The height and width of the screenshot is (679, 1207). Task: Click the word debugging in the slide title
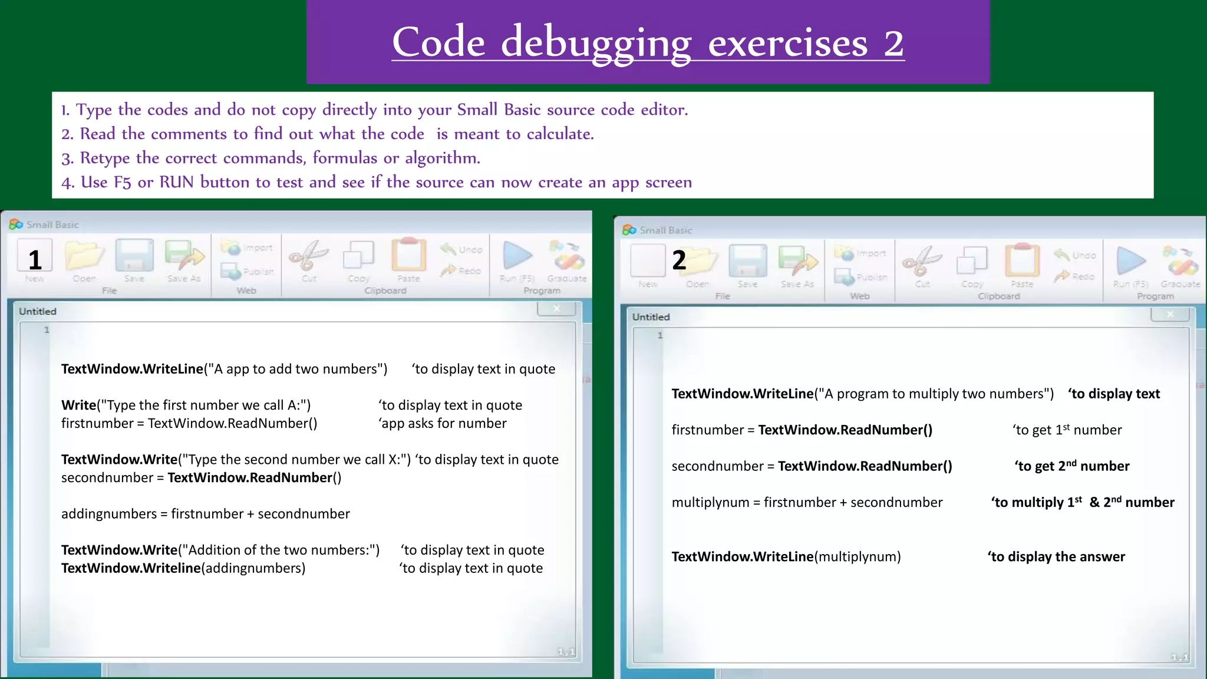[x=595, y=44]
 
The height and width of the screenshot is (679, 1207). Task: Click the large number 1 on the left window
[x=35, y=260]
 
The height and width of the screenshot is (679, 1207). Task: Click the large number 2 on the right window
[x=679, y=260]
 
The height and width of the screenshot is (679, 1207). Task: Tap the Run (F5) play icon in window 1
[x=517, y=256]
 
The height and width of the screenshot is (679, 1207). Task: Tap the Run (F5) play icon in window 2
[x=1130, y=261]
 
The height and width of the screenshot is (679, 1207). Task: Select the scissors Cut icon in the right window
[x=922, y=261]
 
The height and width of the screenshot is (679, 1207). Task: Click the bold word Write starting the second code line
[x=78, y=406]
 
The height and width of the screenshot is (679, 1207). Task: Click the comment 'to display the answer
[x=1056, y=557]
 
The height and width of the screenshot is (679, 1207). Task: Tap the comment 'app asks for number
[x=443, y=424]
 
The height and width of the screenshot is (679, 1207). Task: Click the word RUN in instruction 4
[x=176, y=182]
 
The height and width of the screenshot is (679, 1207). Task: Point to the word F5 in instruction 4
[x=122, y=183]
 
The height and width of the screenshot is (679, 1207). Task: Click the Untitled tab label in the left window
[x=38, y=311]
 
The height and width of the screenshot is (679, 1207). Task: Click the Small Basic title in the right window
[x=665, y=230]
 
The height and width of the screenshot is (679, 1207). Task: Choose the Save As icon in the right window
[x=797, y=261]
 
